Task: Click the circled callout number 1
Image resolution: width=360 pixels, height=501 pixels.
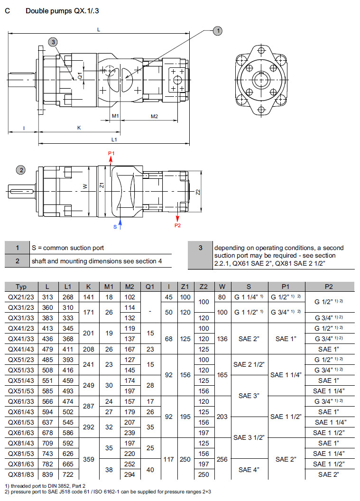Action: pyautogui.click(x=218, y=31)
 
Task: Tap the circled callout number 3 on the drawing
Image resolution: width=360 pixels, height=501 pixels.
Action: pyautogui.click(x=53, y=42)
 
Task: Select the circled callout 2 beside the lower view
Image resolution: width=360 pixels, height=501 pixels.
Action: pyautogui.click(x=20, y=170)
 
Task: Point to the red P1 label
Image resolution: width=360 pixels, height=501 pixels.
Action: pyautogui.click(x=111, y=153)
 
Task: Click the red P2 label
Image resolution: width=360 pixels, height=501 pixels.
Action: pyautogui.click(x=177, y=225)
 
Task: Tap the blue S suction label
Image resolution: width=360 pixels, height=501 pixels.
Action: pyautogui.click(x=115, y=227)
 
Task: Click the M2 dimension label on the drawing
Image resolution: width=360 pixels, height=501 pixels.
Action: pyautogui.click(x=154, y=116)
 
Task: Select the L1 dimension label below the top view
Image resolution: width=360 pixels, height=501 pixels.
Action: pyautogui.click(x=114, y=139)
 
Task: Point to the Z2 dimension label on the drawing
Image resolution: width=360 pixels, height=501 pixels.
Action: pyautogui.click(x=198, y=192)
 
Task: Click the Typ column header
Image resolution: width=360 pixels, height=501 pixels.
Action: pyautogui.click(x=21, y=287)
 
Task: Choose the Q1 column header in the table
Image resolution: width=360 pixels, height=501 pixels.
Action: pyautogui.click(x=150, y=287)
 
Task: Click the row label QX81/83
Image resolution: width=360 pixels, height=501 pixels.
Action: pyautogui.click(x=21, y=474)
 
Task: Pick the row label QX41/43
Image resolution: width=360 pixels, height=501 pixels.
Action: pyautogui.click(x=21, y=349)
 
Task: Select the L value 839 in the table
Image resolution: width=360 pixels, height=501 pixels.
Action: pyautogui.click(x=47, y=474)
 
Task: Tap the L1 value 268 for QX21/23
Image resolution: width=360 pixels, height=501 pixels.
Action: pyautogui.click(x=68, y=297)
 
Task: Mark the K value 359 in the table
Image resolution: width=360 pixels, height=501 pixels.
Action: pyautogui.click(x=88, y=459)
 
